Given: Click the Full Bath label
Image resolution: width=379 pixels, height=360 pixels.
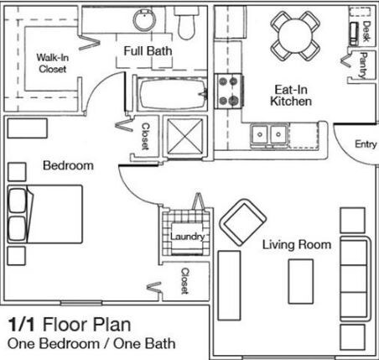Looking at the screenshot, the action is coord(148,51).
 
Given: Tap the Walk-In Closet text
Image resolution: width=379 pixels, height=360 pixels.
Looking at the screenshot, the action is coord(52,63).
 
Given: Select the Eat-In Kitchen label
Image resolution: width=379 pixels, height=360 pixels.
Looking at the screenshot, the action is coord(291,96).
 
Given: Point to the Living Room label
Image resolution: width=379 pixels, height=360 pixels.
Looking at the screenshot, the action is coord(297,245).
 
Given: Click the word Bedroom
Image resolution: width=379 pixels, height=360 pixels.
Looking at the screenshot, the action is coord(68,165).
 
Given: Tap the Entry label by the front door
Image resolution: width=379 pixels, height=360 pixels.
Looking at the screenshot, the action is coord(366,144).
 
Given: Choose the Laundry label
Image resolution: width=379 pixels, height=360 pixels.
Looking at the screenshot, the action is coord(187,237).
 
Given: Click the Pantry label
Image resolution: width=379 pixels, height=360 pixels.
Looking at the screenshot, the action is coord(363,65).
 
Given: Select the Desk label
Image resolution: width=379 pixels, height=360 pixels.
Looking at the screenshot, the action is coord(366,31).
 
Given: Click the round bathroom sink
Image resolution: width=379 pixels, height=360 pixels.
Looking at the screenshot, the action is coord(144,19).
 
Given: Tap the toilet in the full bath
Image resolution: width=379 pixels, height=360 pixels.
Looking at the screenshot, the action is coord(186,23).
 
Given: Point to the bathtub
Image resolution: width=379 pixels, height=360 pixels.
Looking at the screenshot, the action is coord(172,94).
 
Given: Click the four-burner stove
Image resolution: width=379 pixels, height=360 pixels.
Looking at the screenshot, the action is coord(229,91).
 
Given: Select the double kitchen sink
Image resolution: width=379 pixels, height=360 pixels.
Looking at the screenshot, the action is coord(269,134).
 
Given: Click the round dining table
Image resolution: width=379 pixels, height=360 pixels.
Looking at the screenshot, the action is coord(295,35).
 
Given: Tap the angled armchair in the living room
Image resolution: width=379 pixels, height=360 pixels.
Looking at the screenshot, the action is coord(243,222).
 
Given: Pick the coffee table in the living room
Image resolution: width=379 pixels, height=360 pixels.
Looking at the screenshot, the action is coord(300,281).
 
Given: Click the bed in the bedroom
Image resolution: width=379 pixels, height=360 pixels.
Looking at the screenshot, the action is coord(45,214).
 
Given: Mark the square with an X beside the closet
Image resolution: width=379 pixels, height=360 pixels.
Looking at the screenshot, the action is coord(184,136).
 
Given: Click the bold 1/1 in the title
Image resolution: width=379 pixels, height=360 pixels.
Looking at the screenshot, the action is coord(22,325).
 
